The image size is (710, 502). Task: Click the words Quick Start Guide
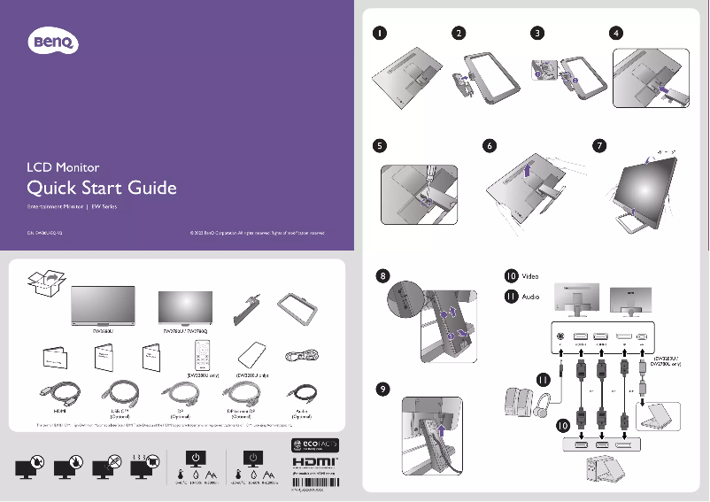[x=102, y=188]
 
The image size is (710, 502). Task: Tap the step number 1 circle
[x=379, y=34]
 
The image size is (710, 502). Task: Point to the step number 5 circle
[x=379, y=145]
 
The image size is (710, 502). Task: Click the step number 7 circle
[x=599, y=145]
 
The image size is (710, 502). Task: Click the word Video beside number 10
[x=530, y=276]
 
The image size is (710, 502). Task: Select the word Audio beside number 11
[x=530, y=297]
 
